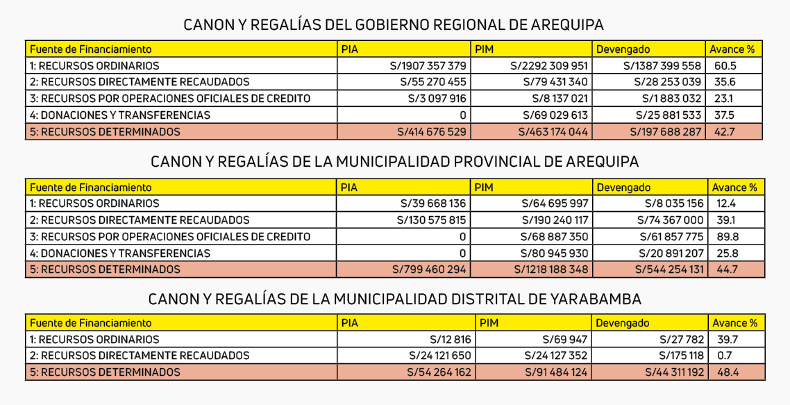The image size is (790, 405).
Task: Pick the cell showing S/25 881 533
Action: coord(669,115)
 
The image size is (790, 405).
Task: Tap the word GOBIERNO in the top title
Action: coord(391,24)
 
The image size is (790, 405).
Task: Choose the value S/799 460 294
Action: coord(430,270)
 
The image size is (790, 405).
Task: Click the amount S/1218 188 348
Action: coord(551,270)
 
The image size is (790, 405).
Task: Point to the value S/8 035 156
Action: coord(674,204)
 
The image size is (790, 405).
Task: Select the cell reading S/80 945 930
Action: coord(555,254)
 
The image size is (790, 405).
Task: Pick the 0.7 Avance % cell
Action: coord(725,356)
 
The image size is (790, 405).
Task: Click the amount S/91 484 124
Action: coord(555,372)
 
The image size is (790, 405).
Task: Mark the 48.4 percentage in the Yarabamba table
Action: coord(727,372)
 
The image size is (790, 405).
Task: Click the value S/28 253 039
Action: coord(669,82)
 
